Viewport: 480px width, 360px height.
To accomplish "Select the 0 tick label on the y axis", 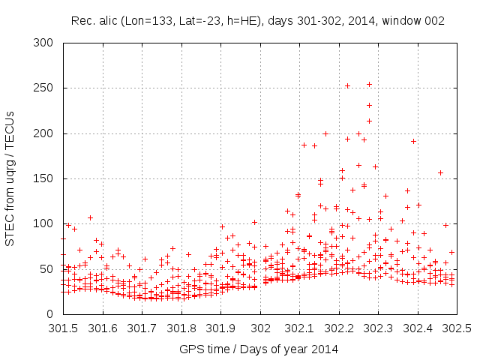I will coord(52,313).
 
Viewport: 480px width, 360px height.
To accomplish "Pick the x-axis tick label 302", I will coord(260,328).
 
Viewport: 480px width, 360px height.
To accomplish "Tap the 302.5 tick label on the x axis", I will coord(457,328).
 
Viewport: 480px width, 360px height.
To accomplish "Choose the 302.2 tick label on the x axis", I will coord(339,328).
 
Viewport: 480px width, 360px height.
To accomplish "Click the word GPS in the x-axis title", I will coord(190,349).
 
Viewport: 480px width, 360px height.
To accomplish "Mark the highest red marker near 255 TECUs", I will coord(369,84).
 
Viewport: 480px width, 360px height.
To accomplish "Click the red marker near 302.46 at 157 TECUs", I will coord(440,172).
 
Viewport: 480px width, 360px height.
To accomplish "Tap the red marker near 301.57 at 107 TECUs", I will coord(90,217).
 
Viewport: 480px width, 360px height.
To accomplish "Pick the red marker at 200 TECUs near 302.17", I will coord(325,133).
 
